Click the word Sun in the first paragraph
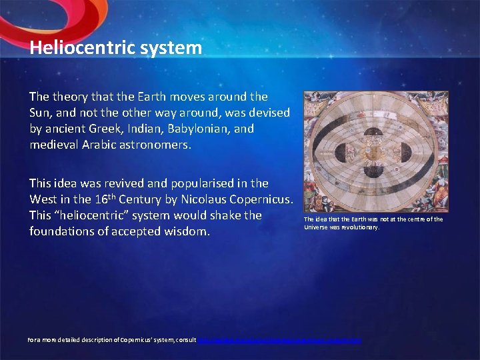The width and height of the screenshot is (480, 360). (41, 113)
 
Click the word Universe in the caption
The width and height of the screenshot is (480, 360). (317, 227)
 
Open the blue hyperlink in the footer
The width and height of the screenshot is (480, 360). (279, 340)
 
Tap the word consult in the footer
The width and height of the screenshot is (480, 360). (183, 340)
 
